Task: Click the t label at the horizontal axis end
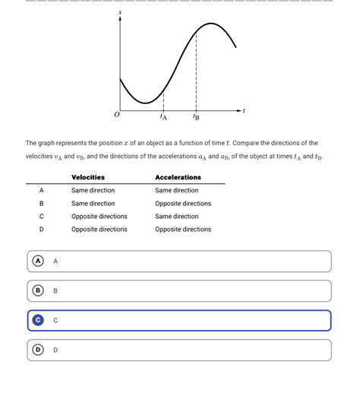coord(245,110)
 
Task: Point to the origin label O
coord(116,116)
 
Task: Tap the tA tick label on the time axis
coord(163,117)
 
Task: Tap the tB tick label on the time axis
coord(196,117)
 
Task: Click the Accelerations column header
coord(178,177)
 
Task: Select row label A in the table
coord(42,191)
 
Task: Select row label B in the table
coord(42,204)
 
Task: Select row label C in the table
coord(42,217)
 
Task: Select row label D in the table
coord(42,230)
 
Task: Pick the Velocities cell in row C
coord(99,217)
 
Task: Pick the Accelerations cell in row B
coord(183,204)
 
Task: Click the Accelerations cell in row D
coord(183,230)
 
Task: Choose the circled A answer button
coord(37,261)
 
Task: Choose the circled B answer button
coord(37,290)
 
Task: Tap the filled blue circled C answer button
coord(37,320)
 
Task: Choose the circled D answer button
coord(37,350)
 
